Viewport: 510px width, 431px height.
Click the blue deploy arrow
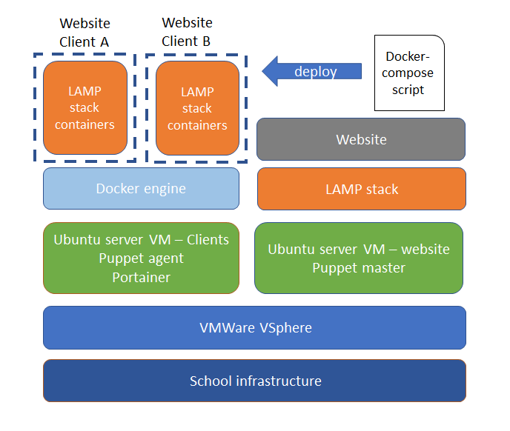tap(311, 72)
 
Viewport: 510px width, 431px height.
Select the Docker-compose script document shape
tap(409, 73)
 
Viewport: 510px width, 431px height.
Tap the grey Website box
tap(361, 139)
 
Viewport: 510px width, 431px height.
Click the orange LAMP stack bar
tap(361, 189)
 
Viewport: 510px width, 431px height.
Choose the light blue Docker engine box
tap(141, 188)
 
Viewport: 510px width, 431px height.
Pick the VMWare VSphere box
tap(254, 327)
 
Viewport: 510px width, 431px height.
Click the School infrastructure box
tap(254, 381)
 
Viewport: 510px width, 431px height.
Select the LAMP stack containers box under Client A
tap(85, 108)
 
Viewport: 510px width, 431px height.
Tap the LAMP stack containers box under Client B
tap(197, 108)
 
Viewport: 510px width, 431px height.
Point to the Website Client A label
tap(85, 33)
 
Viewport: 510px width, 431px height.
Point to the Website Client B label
tap(187, 33)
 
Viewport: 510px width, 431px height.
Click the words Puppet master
tap(359, 267)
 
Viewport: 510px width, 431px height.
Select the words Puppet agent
tap(141, 258)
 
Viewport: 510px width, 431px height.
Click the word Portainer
tap(141, 277)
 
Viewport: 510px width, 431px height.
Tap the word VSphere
tap(283, 327)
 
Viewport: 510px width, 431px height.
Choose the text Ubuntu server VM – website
tap(359, 249)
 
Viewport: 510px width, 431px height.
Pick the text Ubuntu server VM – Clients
tap(141, 240)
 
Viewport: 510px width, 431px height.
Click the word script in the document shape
tap(409, 90)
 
